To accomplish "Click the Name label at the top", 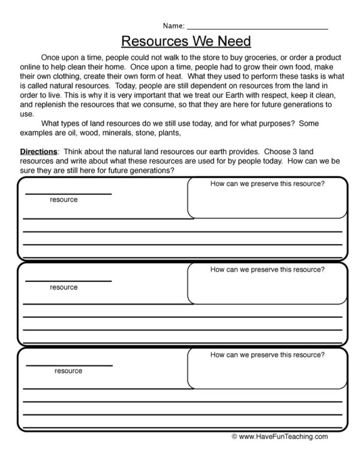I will coord(174,26).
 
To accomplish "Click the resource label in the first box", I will coord(64,200).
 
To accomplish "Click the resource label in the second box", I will coord(64,287).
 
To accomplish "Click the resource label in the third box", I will coord(68,371).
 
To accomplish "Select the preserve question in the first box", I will coord(268,184).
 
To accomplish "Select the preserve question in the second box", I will coord(268,270).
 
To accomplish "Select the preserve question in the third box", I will coord(268,356).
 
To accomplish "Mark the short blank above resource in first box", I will coord(68,193).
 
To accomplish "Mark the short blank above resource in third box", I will coord(68,365).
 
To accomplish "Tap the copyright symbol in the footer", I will coord(235,454).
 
